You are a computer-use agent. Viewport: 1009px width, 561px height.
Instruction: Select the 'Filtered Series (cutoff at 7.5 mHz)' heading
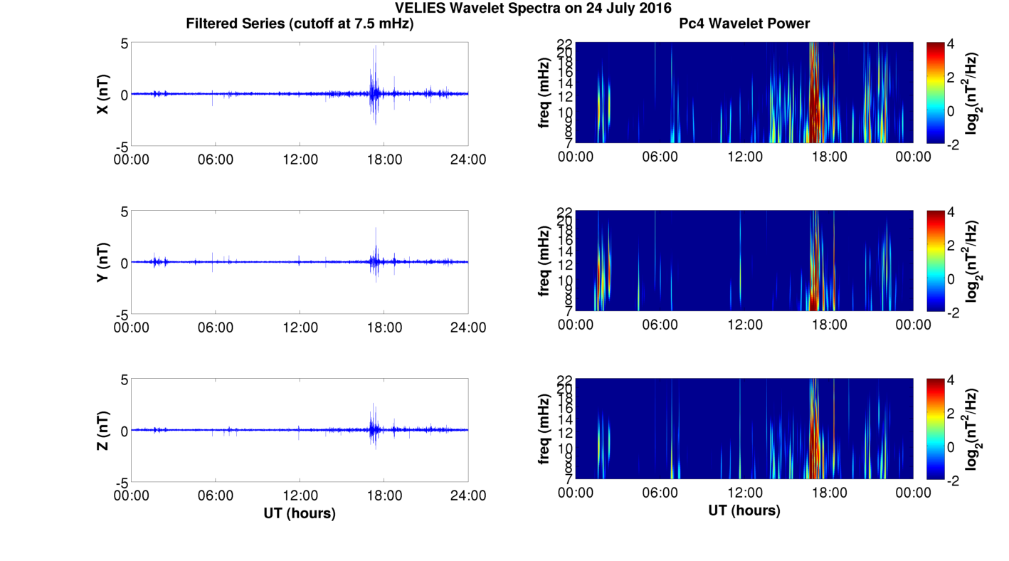(300, 23)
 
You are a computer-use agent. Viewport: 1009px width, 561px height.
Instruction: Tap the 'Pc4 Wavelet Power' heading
(744, 23)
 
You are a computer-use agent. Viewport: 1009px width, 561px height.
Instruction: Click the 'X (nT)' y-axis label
(102, 94)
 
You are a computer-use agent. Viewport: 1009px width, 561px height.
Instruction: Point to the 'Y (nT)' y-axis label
(102, 262)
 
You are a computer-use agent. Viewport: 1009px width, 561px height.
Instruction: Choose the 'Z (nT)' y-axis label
(102, 430)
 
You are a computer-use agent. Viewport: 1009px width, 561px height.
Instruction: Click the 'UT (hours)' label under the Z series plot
(300, 513)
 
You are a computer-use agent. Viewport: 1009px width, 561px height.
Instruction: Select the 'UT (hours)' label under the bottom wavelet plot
(744, 510)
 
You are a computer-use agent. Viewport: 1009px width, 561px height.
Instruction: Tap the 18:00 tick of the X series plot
(384, 159)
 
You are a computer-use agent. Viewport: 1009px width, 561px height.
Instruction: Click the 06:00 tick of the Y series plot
(216, 327)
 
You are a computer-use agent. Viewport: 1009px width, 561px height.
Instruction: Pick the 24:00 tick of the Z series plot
(468, 495)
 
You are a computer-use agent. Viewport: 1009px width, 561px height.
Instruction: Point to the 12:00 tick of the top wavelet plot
(744, 156)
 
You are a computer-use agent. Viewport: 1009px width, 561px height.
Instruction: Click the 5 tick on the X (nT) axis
(124, 43)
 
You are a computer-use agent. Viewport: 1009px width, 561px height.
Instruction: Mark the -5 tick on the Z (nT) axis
(121, 482)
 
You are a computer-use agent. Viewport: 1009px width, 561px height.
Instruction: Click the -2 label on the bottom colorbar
(955, 481)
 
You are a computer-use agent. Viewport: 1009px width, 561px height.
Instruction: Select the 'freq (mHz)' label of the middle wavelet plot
(544, 261)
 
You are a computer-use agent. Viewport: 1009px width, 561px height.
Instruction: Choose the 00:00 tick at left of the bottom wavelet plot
(576, 493)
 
